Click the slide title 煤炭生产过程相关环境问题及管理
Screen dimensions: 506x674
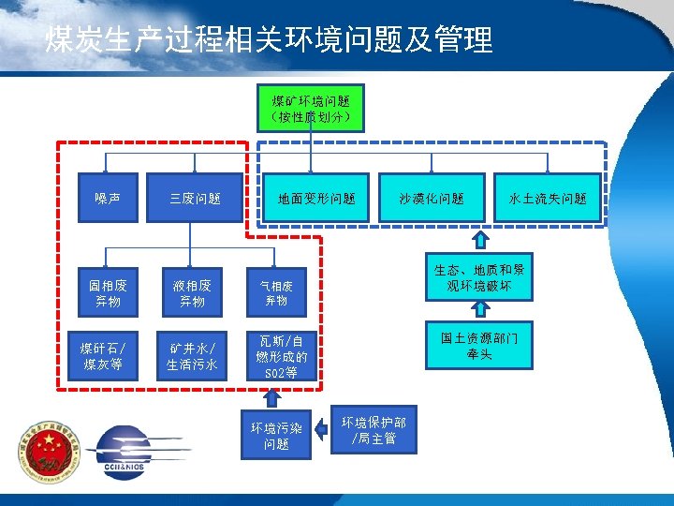[x=269, y=39]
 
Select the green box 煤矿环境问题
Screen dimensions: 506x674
[x=312, y=108]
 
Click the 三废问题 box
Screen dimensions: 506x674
[x=196, y=198]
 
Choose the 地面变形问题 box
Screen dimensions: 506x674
[x=316, y=198]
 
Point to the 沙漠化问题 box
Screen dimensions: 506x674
[x=432, y=198]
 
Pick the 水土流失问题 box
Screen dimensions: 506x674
[x=548, y=198]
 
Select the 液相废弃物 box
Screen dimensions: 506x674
[x=192, y=293]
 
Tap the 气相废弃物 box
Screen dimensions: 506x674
[x=276, y=293]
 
